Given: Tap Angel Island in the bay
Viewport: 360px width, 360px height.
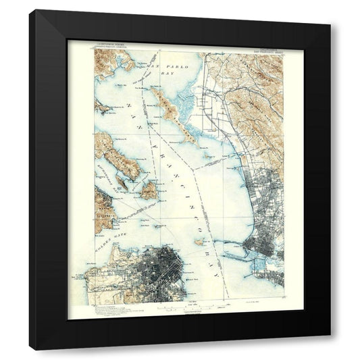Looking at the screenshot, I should point(149,190).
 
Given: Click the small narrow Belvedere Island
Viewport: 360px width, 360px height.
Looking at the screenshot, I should point(121,180).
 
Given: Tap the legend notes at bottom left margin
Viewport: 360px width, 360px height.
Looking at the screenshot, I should point(101,307).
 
